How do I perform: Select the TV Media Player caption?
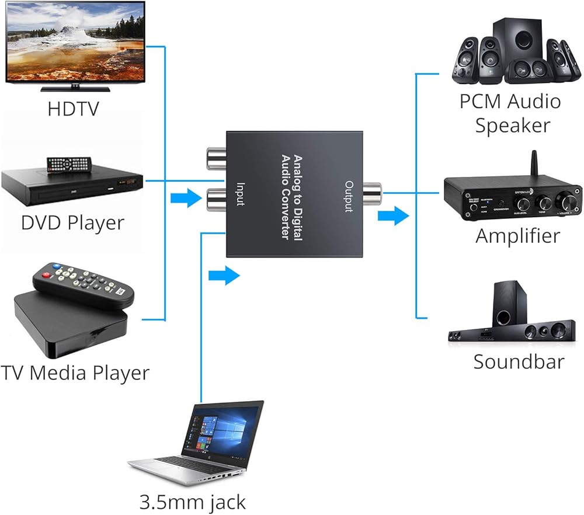tap(75, 372)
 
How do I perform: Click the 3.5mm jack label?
tap(193, 502)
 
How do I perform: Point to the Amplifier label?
tap(517, 236)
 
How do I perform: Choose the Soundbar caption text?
tap(519, 361)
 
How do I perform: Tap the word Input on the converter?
tap(239, 194)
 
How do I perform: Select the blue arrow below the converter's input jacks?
tap(224, 275)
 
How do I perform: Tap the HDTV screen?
tap(75, 41)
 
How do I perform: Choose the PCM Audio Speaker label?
tap(510, 113)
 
